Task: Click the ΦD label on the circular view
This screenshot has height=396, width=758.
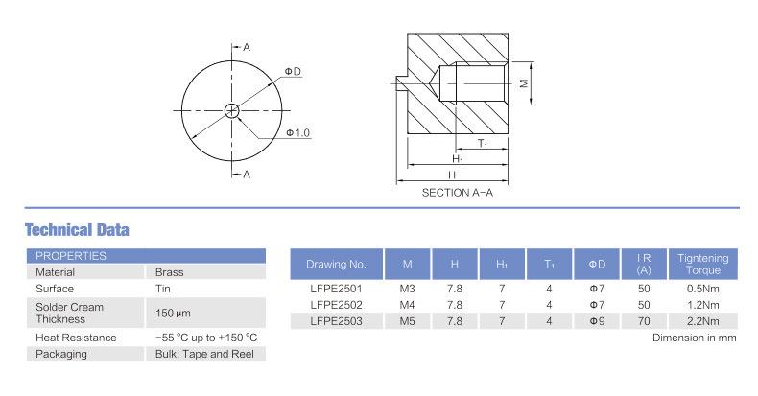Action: pos(293,72)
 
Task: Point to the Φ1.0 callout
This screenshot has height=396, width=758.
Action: pos(297,132)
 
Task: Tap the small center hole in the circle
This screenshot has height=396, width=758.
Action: pos(232,110)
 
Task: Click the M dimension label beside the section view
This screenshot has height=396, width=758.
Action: pos(525,83)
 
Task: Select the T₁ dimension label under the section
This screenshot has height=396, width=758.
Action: pos(483,144)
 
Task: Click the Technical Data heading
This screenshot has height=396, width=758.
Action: pos(76,230)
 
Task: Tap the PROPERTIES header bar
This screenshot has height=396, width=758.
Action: pos(145,256)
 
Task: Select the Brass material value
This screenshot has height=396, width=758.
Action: pos(169,272)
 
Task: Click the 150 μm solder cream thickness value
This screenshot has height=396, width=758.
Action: pos(173,313)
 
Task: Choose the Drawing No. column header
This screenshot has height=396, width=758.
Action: pos(336,264)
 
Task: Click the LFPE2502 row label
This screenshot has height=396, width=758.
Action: pos(336,305)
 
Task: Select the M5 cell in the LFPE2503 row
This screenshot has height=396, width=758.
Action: pos(408,321)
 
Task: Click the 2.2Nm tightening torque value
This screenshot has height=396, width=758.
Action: pos(703,321)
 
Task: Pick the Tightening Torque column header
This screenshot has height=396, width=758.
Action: pos(703,264)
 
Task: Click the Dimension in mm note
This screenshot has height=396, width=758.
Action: pos(694,338)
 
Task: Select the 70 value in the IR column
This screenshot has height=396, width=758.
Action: pos(644,321)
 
